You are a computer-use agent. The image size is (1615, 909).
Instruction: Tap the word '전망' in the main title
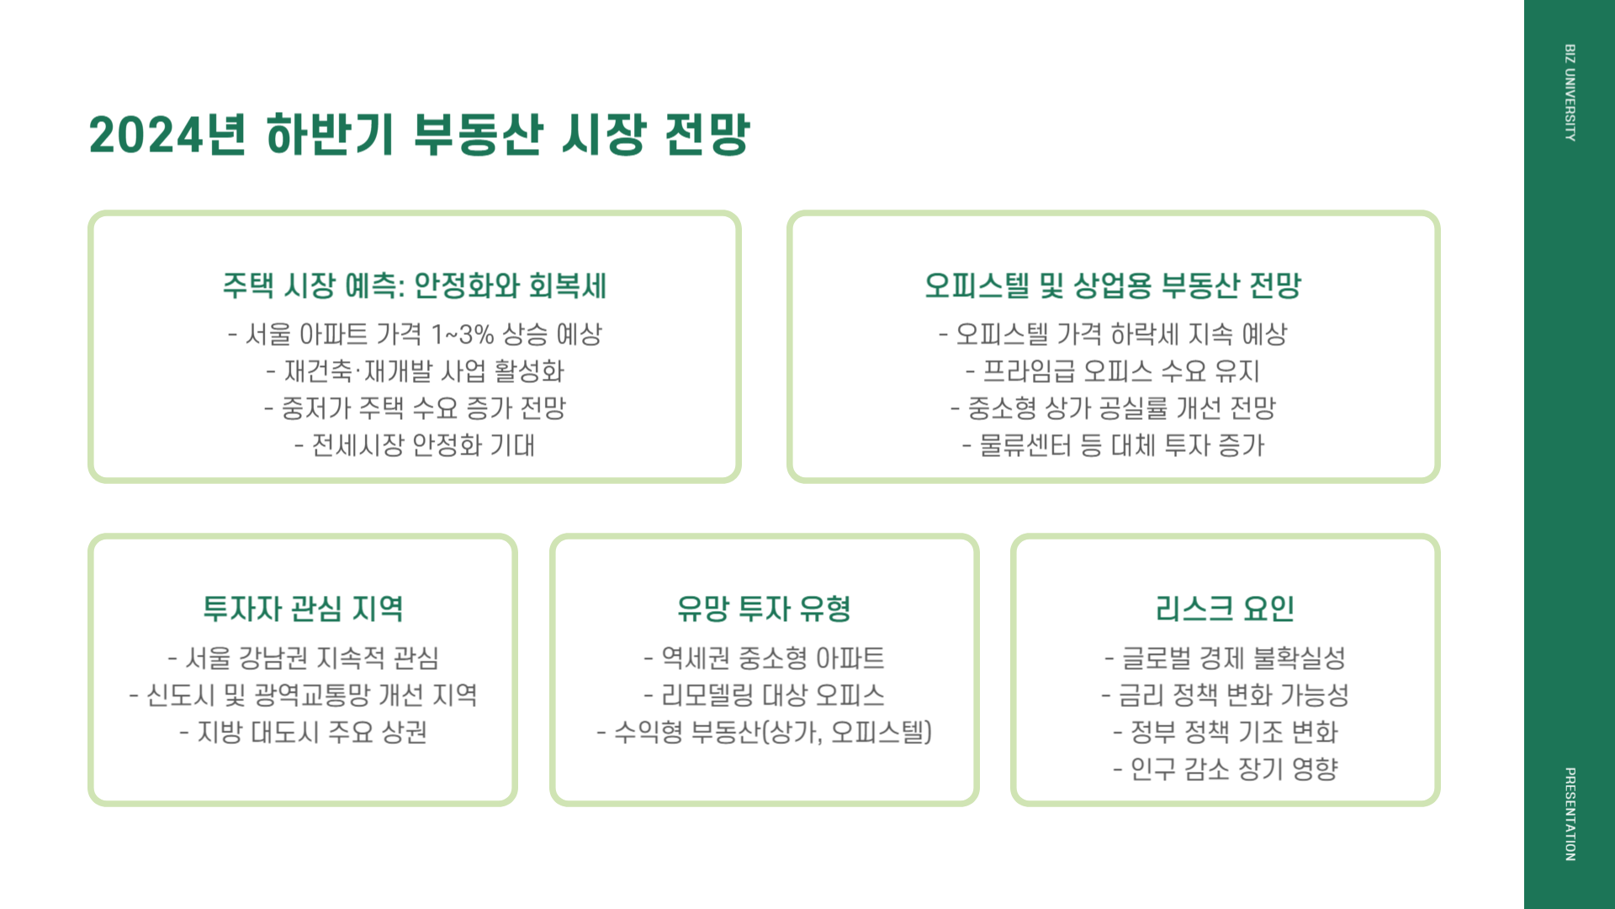(x=707, y=135)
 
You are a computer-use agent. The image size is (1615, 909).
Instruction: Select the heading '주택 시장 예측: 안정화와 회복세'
(x=415, y=285)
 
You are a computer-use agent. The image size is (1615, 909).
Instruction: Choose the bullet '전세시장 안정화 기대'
(x=415, y=445)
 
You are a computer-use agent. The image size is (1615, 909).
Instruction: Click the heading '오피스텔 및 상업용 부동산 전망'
(x=1113, y=285)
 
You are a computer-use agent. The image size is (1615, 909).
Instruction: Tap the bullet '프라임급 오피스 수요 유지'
(x=1113, y=371)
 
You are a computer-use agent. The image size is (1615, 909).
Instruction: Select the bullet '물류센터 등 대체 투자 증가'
(x=1113, y=445)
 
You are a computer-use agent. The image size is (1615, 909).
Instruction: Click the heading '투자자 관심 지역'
(x=303, y=609)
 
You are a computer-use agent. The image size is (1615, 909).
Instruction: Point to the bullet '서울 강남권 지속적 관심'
(x=303, y=657)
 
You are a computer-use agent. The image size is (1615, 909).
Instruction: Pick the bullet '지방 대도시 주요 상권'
(x=303, y=731)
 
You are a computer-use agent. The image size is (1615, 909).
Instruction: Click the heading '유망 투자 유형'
(x=764, y=609)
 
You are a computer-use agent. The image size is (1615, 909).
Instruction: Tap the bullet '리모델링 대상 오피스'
(x=764, y=694)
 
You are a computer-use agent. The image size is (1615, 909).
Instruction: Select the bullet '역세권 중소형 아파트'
(x=764, y=657)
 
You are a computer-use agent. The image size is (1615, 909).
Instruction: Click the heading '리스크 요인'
(x=1225, y=609)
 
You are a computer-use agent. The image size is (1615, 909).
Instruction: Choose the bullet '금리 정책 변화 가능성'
(x=1225, y=694)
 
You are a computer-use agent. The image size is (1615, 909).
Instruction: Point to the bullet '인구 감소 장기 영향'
(x=1225, y=768)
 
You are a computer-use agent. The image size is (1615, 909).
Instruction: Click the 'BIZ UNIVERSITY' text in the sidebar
(x=1570, y=93)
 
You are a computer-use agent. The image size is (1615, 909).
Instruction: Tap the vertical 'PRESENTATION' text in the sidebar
(x=1570, y=814)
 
